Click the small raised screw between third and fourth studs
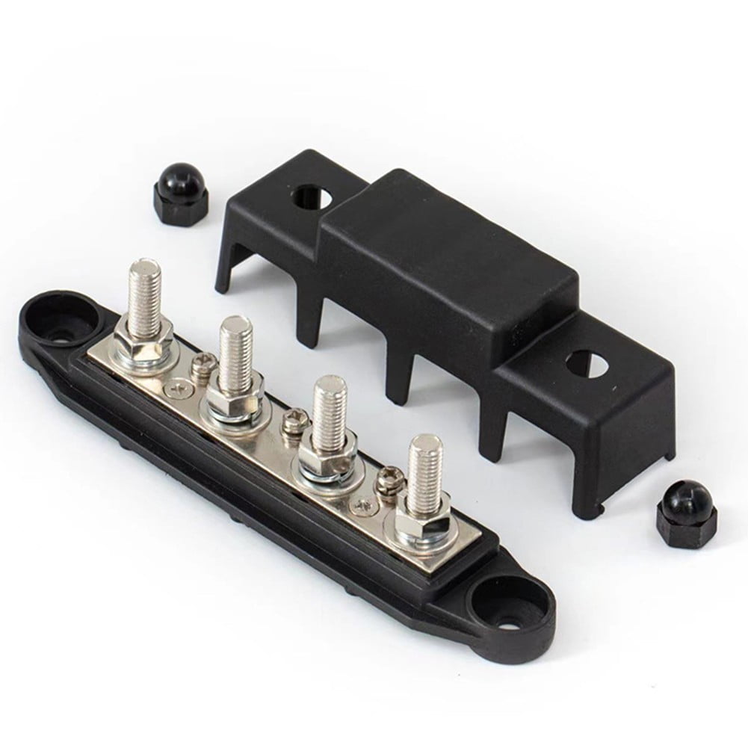pyautogui.click(x=389, y=477)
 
